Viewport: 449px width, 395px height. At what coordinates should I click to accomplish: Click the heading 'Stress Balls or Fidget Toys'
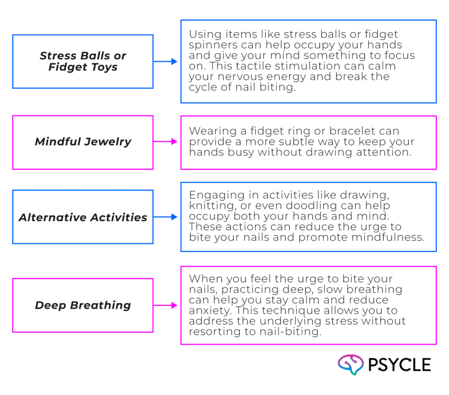(83, 62)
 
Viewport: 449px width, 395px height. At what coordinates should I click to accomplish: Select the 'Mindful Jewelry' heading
(83, 142)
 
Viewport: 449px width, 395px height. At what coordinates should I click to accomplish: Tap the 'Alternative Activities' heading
(83, 217)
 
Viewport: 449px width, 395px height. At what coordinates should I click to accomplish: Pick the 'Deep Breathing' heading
(83, 305)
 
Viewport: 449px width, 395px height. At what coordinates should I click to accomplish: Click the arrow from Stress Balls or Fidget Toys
(166, 62)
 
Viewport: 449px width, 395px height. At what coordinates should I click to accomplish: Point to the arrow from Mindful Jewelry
(166, 142)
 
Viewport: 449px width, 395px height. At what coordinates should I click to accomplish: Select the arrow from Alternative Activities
(166, 217)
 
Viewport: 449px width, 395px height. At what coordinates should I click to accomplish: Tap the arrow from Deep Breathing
(166, 305)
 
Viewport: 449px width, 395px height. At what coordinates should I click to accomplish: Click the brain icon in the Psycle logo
(351, 365)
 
